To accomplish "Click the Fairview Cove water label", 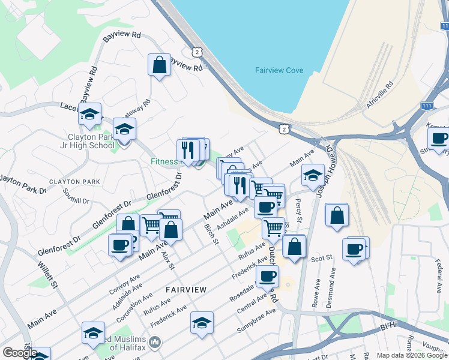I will (279, 70).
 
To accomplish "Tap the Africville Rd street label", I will (379, 94).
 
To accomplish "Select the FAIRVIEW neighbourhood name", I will (186, 290).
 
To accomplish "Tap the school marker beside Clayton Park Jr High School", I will (124, 130).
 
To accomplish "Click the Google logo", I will (20, 353).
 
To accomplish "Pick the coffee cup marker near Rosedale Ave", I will (267, 276).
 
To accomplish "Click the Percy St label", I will (298, 209).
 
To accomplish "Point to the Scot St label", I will (322, 259).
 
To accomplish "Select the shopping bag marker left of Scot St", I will (294, 246).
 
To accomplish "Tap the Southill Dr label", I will (76, 196).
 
